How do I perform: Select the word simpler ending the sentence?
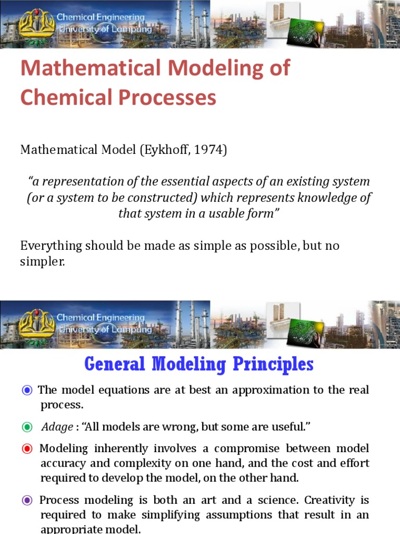click(42, 262)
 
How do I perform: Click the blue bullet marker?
click(27, 390)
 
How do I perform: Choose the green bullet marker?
click(27, 427)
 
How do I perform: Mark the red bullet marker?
click(27, 448)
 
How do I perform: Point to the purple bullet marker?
click(27, 501)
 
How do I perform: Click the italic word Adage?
click(57, 427)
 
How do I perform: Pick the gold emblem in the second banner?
click(36, 323)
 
